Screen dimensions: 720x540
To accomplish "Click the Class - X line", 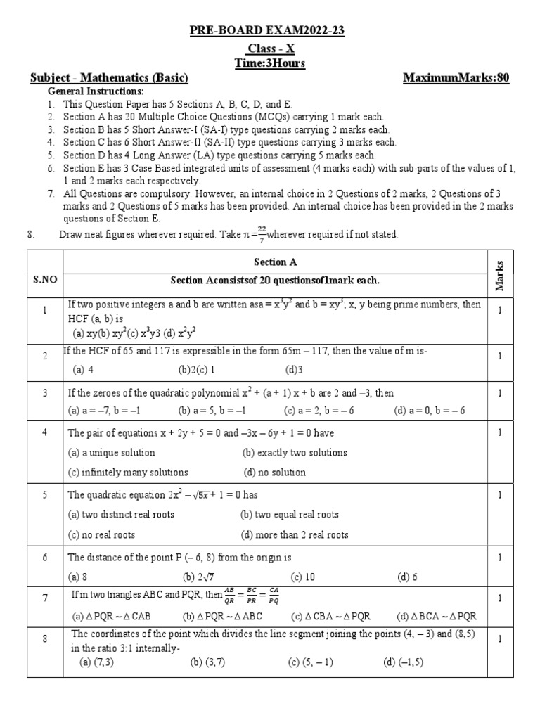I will tap(270, 49).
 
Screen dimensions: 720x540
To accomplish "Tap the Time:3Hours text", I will tap(270, 63).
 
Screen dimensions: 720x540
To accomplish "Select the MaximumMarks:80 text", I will tap(456, 78).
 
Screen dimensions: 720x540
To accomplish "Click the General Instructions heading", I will tap(95, 92).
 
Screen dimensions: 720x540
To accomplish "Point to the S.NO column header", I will tap(45, 279).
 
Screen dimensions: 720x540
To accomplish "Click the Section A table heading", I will tap(274, 262).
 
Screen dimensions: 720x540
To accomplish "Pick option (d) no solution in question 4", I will tap(274, 472).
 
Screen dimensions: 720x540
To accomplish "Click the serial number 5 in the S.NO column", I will tap(45, 495).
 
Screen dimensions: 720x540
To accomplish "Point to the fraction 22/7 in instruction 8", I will tap(260, 235).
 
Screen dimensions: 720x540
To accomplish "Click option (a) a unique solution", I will tap(111, 453).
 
